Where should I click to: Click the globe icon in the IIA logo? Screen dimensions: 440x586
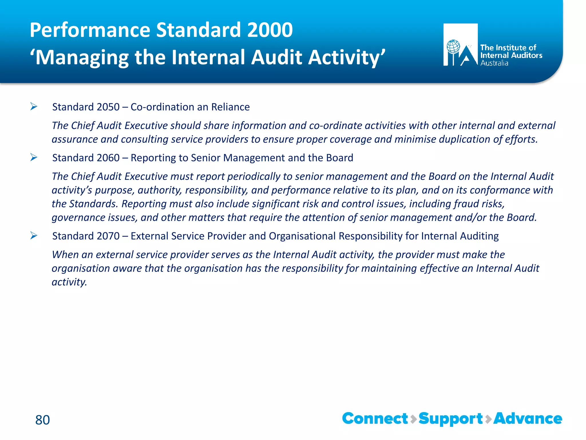[x=453, y=47]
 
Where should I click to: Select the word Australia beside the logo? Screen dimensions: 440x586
[x=494, y=63]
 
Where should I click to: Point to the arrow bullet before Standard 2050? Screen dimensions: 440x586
[x=34, y=107]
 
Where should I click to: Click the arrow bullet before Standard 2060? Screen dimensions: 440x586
[x=34, y=158]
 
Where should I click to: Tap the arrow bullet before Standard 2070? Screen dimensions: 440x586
[x=34, y=236]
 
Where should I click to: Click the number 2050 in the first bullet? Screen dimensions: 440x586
[x=108, y=107]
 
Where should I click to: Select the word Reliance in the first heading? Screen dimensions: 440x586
[x=230, y=107]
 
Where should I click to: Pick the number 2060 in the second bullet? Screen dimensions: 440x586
[x=108, y=158]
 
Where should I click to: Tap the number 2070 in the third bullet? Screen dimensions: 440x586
[x=108, y=236]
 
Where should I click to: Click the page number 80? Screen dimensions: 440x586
[x=42, y=420]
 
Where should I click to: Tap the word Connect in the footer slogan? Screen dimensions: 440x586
[x=375, y=419]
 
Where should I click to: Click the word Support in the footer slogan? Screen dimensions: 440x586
[x=451, y=419]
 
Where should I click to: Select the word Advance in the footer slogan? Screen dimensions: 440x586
[x=528, y=419]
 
